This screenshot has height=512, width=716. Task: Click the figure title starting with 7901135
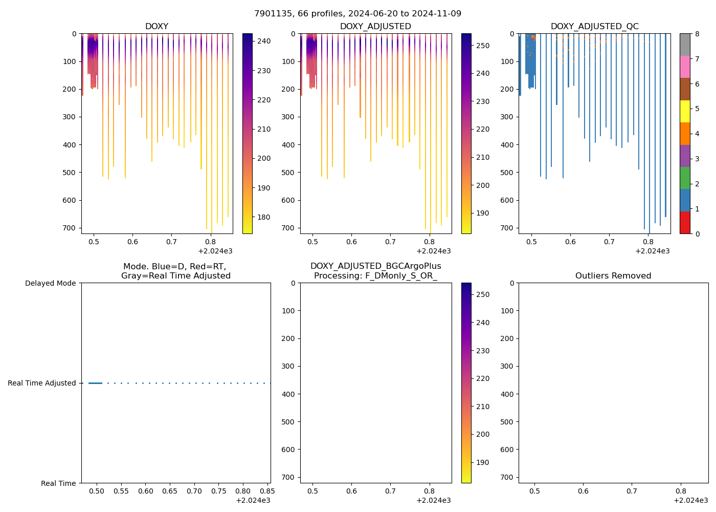(357, 13)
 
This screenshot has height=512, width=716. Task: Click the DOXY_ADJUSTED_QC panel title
(594, 26)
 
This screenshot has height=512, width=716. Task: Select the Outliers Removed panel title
(613, 275)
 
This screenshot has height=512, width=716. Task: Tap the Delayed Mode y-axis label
(50, 283)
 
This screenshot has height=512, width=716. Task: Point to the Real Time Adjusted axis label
(41, 383)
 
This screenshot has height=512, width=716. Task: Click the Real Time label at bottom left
(58, 483)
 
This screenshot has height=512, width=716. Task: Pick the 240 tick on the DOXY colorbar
(264, 41)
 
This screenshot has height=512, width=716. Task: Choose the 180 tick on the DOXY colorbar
(264, 217)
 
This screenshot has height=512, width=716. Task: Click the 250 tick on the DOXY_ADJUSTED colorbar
(482, 46)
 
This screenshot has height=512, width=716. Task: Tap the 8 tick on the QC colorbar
(697, 34)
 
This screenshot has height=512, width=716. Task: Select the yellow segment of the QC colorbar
(685, 111)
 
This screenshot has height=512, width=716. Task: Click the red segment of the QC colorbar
(685, 223)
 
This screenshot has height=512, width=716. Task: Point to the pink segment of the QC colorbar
(685, 67)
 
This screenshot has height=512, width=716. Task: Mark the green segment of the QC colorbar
(685, 178)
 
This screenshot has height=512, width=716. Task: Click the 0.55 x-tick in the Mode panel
(121, 491)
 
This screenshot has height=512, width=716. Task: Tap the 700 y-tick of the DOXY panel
(71, 228)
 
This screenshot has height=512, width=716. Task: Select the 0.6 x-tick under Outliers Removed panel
(583, 491)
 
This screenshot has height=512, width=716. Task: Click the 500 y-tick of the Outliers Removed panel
(508, 422)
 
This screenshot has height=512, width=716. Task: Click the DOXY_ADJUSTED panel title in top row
(375, 26)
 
